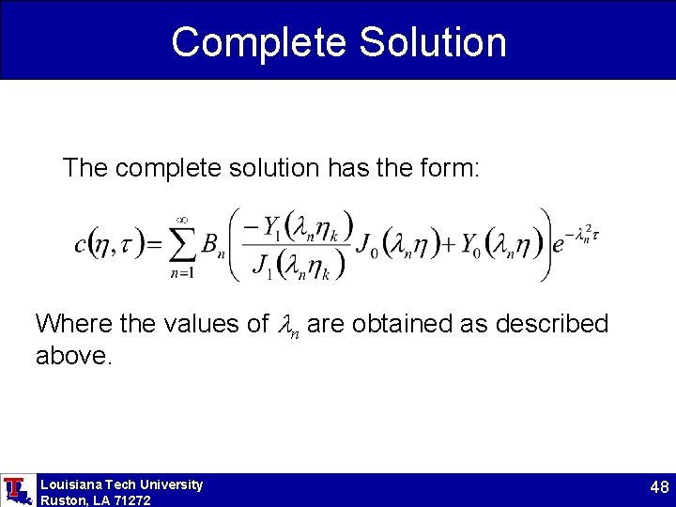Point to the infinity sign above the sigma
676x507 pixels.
coord(184,219)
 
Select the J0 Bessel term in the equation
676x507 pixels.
coord(367,246)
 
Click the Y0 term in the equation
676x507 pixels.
coord(475,246)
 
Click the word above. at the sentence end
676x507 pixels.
coord(73,355)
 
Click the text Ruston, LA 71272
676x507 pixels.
coord(95,500)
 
